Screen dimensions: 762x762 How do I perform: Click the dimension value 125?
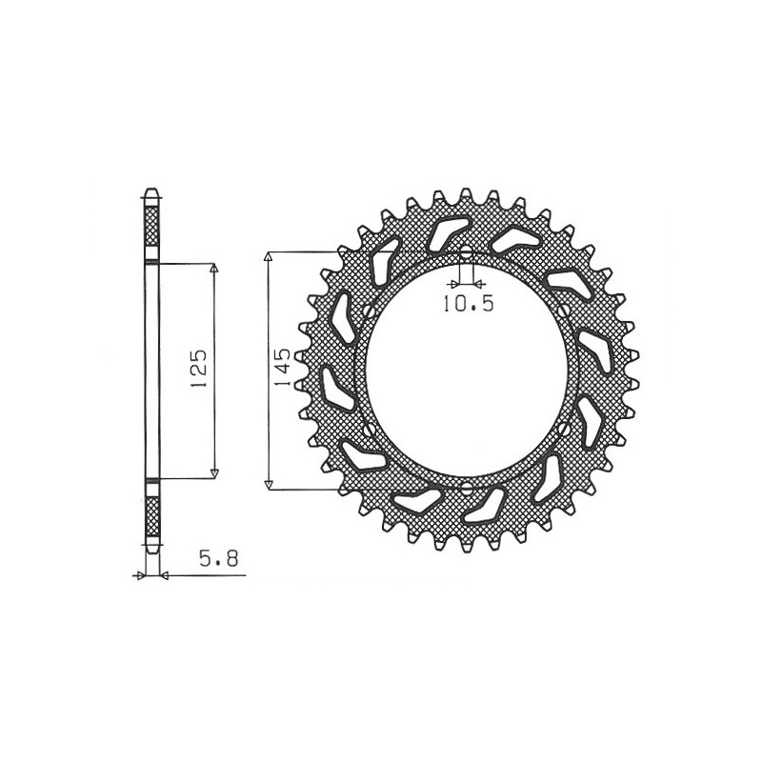(198, 369)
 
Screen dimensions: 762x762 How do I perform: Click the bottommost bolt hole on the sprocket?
(466, 490)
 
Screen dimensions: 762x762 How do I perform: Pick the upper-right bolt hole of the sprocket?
(568, 311)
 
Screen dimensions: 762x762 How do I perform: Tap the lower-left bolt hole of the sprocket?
(367, 431)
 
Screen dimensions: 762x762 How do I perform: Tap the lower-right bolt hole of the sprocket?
(568, 431)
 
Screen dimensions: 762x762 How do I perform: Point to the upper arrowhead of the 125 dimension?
(214, 268)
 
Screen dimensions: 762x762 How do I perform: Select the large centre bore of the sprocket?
(467, 371)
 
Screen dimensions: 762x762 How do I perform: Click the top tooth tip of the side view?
(150, 190)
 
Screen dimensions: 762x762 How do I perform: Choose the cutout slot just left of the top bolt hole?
(444, 233)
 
